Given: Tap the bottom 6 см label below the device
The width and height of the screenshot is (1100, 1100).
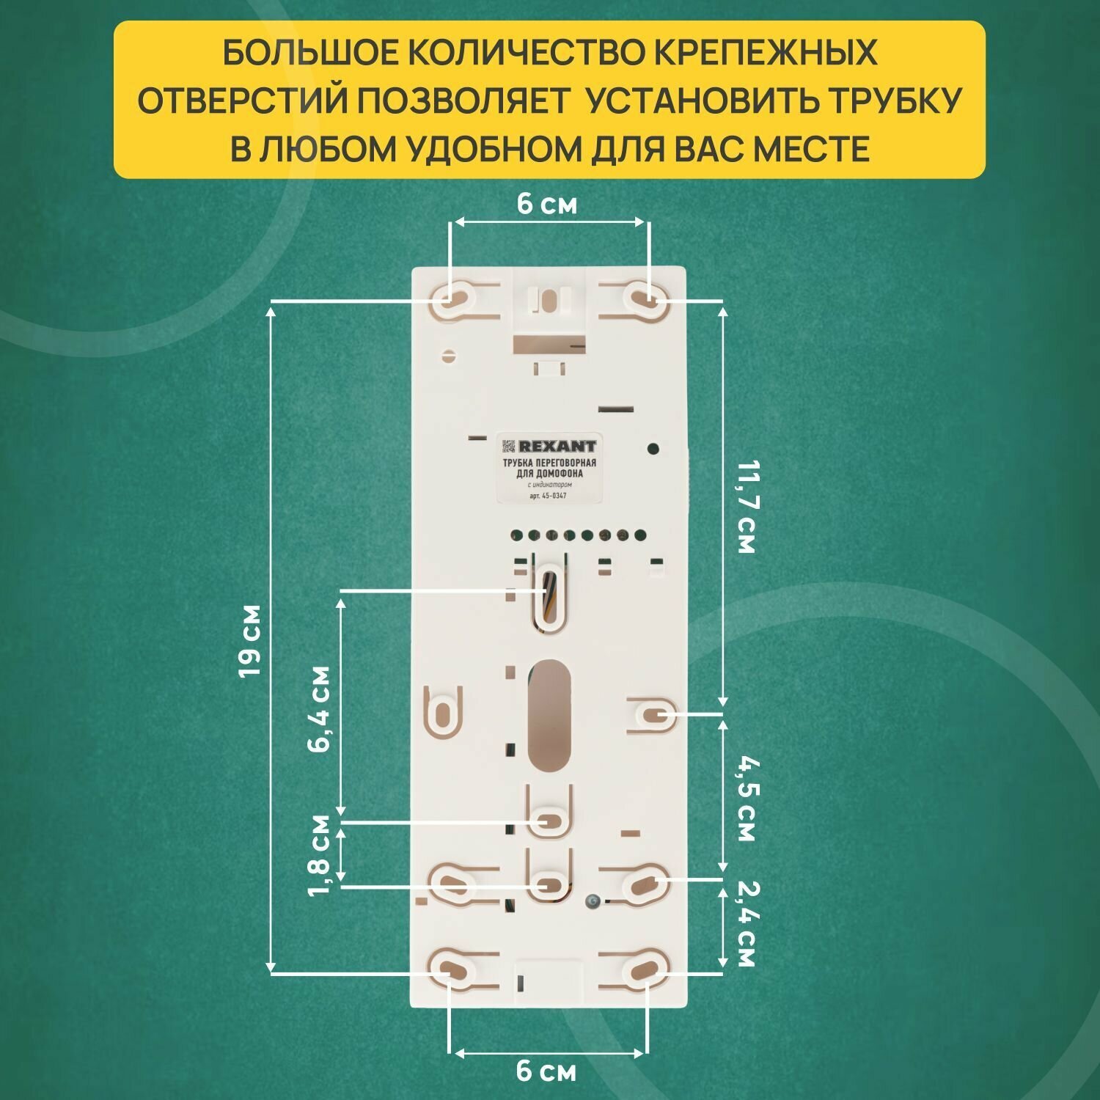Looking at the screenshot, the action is point(546,1071).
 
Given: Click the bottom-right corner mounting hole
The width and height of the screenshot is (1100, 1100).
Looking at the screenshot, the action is point(647,969).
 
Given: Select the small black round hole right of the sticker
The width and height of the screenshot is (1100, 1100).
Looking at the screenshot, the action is point(654,448).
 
